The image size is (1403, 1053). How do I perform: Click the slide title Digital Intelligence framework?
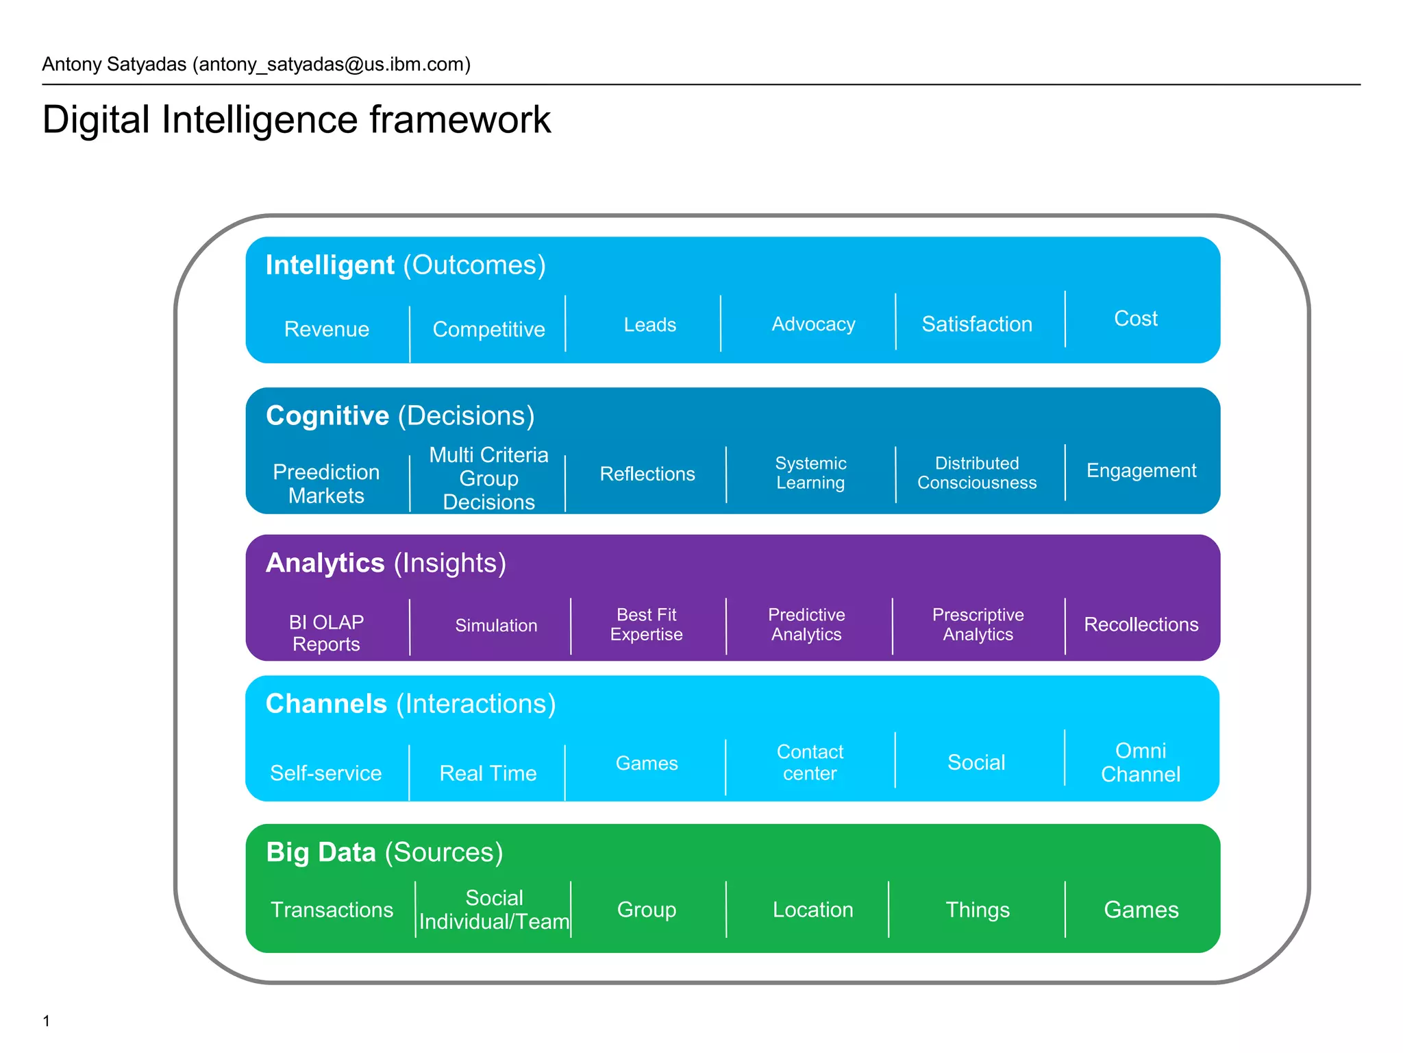pos(296,120)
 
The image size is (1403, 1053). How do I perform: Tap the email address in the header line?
pos(332,64)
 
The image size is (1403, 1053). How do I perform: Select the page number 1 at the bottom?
pos(46,1021)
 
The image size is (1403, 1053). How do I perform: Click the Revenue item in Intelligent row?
pos(327,329)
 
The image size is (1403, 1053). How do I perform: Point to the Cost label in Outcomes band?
pos(1135,319)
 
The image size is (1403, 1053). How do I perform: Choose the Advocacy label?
pos(813,324)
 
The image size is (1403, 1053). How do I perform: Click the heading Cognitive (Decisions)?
pos(399,416)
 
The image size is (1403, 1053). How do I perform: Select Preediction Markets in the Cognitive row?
pos(326,483)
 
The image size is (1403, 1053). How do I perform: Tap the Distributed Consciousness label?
pos(976,473)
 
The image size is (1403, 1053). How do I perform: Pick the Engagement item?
pos(1141,471)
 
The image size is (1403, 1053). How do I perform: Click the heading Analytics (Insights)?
pos(386,563)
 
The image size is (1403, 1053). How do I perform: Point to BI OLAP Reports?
pos(326,633)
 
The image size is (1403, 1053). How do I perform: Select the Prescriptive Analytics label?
pos(978,625)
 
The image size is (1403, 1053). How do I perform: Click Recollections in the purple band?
pos(1141,625)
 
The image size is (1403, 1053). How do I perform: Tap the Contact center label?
pos(810,762)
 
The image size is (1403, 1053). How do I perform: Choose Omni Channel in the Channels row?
pos(1140,762)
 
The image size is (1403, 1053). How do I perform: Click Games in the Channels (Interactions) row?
pos(647,763)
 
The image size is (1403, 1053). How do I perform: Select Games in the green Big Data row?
pos(1141,910)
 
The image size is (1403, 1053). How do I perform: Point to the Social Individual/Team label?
pos(494,910)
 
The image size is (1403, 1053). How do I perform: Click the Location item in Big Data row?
pos(812,910)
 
